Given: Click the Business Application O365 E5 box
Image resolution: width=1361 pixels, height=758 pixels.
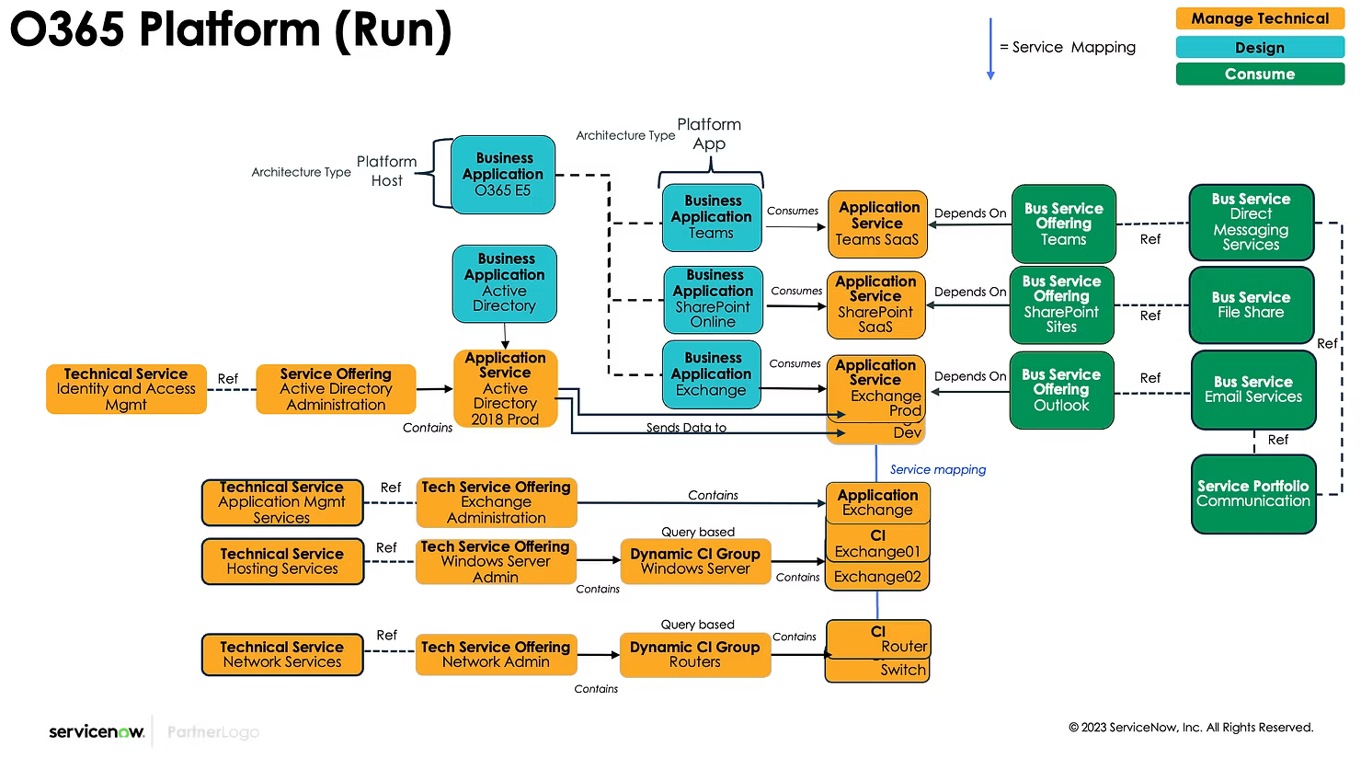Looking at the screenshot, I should pyautogui.click(x=503, y=175).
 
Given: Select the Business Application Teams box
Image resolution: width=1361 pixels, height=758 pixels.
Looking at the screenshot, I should pyautogui.click(x=712, y=217).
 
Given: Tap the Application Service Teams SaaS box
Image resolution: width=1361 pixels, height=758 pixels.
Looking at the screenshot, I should pyautogui.click(x=877, y=224).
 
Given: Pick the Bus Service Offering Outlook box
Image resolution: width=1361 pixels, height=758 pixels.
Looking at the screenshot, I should pyautogui.click(x=1061, y=390).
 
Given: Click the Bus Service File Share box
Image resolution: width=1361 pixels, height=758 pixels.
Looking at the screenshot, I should pyautogui.click(x=1251, y=304).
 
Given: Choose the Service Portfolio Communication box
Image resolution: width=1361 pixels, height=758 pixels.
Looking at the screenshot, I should pyautogui.click(x=1253, y=494).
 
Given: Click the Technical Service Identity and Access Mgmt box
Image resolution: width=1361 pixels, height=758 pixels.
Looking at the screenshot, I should pyautogui.click(x=126, y=389).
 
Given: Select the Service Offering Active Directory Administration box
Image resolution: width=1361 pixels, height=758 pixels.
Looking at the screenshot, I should pyautogui.click(x=336, y=389).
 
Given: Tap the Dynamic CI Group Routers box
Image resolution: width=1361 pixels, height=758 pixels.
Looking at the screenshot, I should pyautogui.click(x=694, y=654).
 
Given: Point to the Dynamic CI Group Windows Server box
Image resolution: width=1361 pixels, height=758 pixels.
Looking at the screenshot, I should pyautogui.click(x=694, y=561).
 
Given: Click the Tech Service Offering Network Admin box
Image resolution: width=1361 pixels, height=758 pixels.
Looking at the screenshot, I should pyautogui.click(x=496, y=654).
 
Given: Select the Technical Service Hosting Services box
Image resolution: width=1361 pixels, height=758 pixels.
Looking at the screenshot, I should pyautogui.click(x=282, y=561).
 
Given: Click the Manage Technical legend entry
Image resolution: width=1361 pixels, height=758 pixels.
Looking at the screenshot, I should pyautogui.click(x=1260, y=18).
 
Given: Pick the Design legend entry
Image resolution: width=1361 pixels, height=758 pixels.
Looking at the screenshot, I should pyautogui.click(x=1260, y=48).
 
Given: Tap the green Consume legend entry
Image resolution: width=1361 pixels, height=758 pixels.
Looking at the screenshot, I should pyautogui.click(x=1260, y=75).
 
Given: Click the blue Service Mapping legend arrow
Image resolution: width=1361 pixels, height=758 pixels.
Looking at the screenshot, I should pyautogui.click(x=990, y=49).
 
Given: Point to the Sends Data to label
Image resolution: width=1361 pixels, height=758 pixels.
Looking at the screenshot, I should pyautogui.click(x=686, y=428).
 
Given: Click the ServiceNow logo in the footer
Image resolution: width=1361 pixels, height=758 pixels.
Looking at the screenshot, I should pyautogui.click(x=97, y=732).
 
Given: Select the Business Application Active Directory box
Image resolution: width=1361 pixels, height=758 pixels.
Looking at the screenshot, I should pyautogui.click(x=505, y=282).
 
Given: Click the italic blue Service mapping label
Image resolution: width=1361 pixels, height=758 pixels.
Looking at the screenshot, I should pyautogui.click(x=937, y=470).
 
